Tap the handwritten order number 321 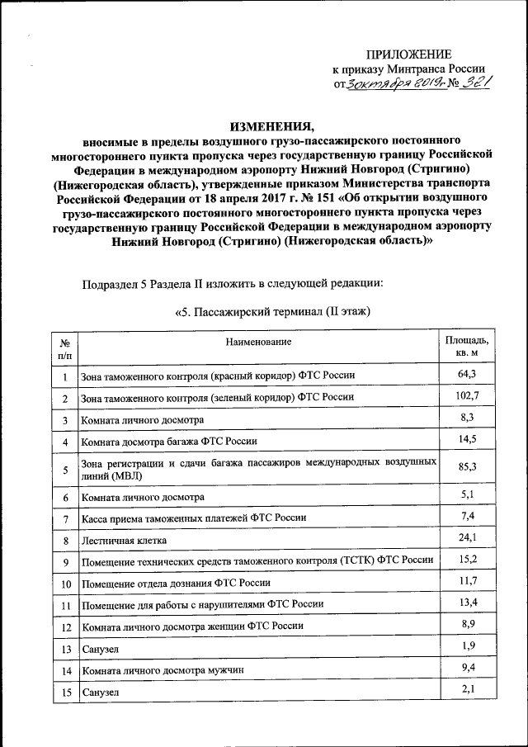(473, 83)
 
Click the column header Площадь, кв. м (467, 347)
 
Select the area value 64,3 (467, 375)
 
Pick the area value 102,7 (467, 397)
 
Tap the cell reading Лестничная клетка (124, 541)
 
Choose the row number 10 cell (64, 584)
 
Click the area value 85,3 (467, 468)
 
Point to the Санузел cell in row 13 (99, 650)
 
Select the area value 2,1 (467, 690)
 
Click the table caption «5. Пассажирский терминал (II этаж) (272, 312)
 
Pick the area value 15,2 (467, 560)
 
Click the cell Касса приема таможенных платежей (193, 518)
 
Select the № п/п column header (64, 347)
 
